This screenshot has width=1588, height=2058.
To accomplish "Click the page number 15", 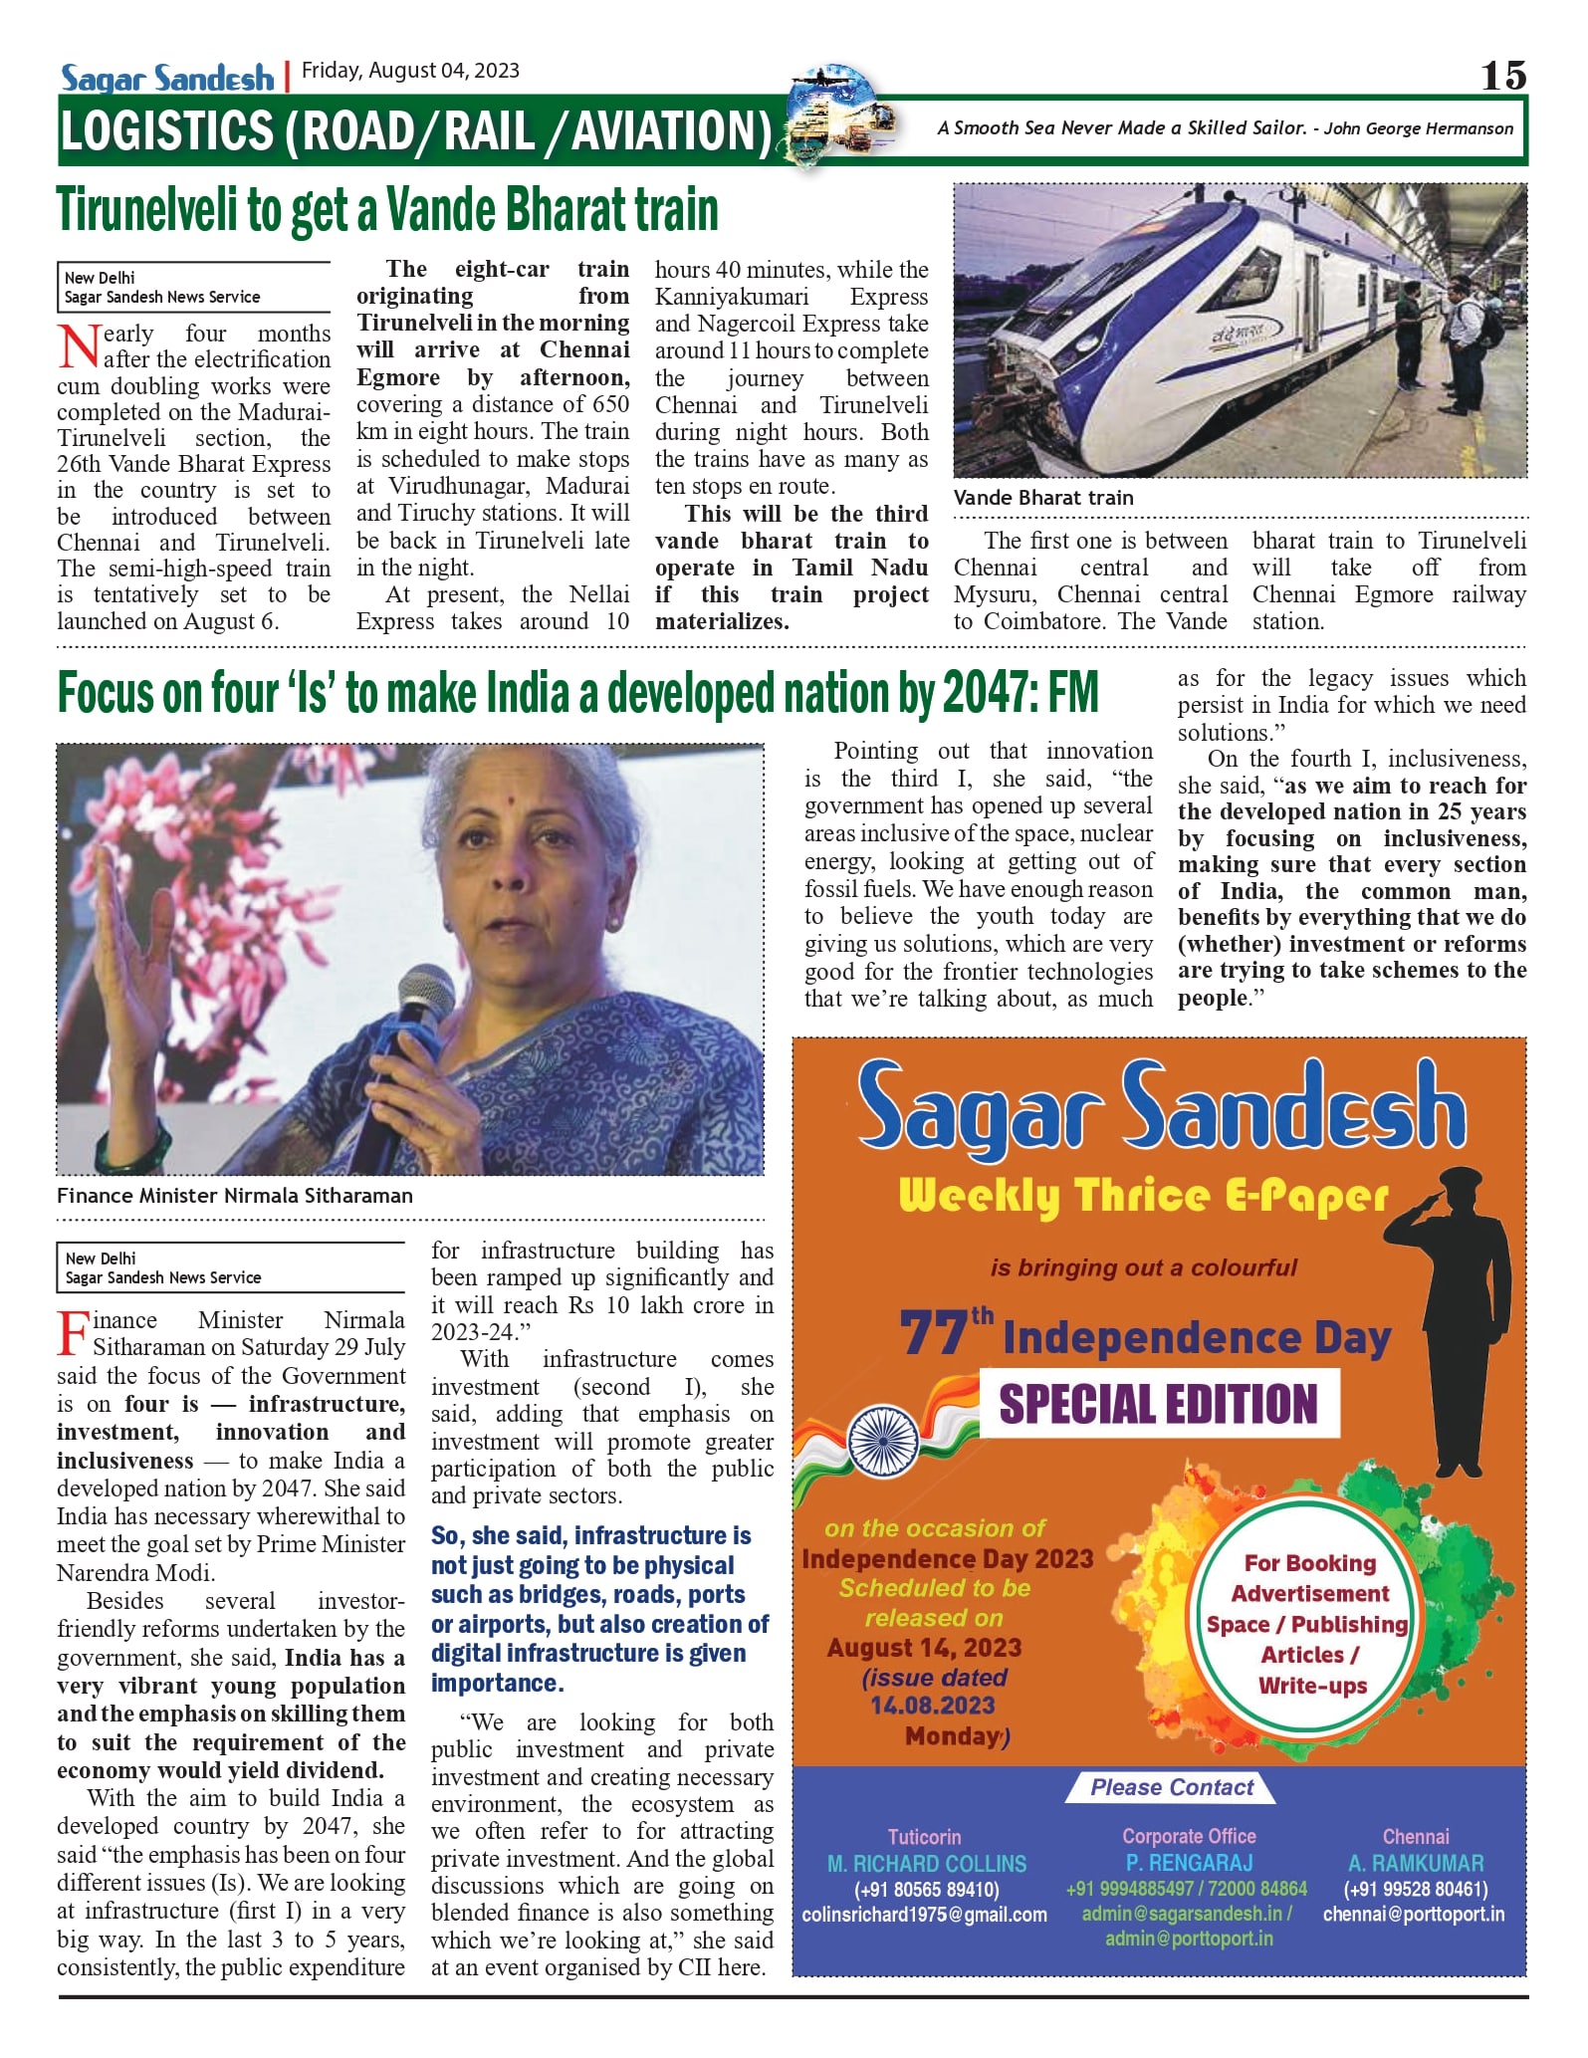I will tap(1502, 76).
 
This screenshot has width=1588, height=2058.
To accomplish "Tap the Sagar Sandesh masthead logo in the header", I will tap(167, 77).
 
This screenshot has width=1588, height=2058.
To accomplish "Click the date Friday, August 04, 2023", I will tap(410, 71).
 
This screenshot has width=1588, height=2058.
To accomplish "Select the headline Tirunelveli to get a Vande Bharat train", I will tap(387, 210).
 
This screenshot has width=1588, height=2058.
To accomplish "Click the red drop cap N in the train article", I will tap(79, 346).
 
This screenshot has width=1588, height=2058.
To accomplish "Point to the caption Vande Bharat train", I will tap(1042, 498).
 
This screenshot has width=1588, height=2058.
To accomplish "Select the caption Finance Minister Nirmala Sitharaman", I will tap(235, 1196).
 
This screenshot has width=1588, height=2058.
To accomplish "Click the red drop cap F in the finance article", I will tap(73, 1333).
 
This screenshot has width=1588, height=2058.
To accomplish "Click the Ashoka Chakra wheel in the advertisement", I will tap(883, 1442).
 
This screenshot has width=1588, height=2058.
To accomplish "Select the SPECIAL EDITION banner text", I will tap(1159, 1404).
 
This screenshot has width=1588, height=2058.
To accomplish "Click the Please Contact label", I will tap(1172, 1787).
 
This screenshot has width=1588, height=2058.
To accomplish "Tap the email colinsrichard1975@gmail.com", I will tap(924, 1915).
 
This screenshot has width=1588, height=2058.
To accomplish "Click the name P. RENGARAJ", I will tap(1190, 1862).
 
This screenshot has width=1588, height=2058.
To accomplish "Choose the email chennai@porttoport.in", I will tap(1414, 1914).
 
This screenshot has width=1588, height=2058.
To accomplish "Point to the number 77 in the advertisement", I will tap(933, 1333).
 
